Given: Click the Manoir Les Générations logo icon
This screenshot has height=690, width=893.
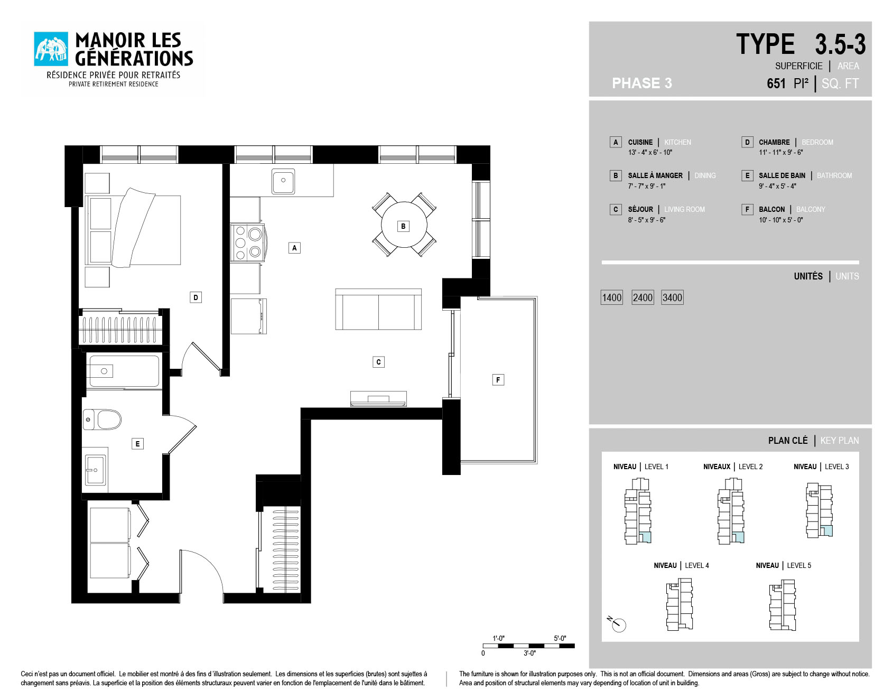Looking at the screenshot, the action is pyautogui.click(x=51, y=49).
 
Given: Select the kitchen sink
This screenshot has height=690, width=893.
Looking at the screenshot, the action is pyautogui.click(x=283, y=181).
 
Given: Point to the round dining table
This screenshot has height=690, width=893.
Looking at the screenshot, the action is pyautogui.click(x=404, y=225).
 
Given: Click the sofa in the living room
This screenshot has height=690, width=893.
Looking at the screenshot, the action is pyautogui.click(x=378, y=309).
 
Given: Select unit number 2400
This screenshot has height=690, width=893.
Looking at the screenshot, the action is pyautogui.click(x=643, y=297).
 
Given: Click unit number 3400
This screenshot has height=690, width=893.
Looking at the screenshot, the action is pyautogui.click(x=672, y=297).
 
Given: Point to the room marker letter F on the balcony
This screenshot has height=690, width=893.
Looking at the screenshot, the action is pyautogui.click(x=498, y=380).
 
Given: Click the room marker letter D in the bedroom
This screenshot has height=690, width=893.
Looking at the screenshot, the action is pyautogui.click(x=196, y=297).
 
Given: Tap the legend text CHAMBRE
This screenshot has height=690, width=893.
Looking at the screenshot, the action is pyautogui.click(x=774, y=142).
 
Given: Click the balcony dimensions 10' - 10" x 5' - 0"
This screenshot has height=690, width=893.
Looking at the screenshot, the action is pyautogui.click(x=780, y=220).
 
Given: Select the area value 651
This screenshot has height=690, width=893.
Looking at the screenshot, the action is pyautogui.click(x=776, y=83).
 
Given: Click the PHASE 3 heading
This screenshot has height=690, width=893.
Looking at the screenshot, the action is pyautogui.click(x=642, y=83).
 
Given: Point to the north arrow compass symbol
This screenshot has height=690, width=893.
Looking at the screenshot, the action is pyautogui.click(x=617, y=623).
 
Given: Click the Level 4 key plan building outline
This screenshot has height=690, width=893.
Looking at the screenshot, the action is pyautogui.click(x=680, y=604).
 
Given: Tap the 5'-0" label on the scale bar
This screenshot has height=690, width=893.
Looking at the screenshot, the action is pyautogui.click(x=560, y=638).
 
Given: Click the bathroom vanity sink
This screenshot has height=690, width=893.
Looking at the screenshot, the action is pyautogui.click(x=95, y=470).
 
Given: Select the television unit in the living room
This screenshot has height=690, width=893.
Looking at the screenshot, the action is pyautogui.click(x=378, y=399).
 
